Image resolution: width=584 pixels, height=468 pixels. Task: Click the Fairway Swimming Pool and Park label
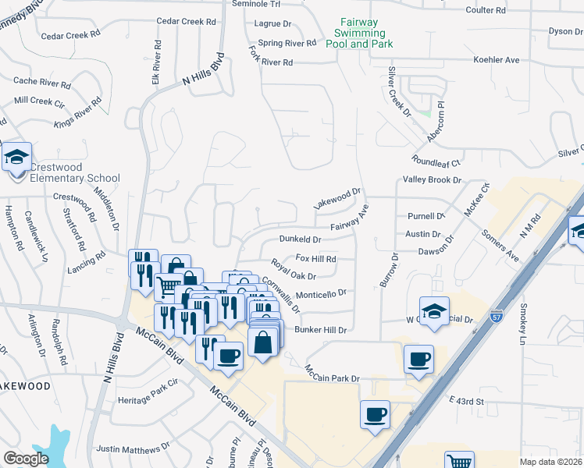[359, 34]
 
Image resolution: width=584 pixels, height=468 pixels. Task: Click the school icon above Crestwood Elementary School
[16, 158]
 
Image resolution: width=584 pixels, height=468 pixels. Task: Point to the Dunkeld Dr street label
[301, 239]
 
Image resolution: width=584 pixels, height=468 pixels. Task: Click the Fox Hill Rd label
[315, 258]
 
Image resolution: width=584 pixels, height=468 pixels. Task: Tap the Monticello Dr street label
[320, 293]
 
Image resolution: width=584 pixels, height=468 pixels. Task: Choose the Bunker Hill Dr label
[319, 330]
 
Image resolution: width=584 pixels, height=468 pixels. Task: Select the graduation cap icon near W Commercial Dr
[434, 310]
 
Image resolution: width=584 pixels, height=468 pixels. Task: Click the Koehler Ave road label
[496, 60]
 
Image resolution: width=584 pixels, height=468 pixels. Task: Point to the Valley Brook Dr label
[432, 179]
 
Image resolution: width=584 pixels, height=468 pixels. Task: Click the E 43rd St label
[467, 401]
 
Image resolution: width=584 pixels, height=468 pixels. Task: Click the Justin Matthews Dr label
[133, 448]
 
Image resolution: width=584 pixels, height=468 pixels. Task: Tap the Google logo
[26, 459]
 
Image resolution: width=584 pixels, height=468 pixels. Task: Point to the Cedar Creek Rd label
[71, 35]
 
